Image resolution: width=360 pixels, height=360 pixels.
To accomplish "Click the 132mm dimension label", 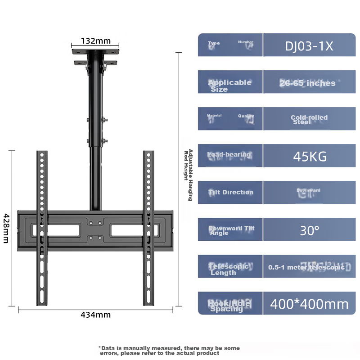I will pyautogui.click(x=95, y=41).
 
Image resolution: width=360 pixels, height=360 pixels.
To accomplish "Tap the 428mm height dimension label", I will pyautogui.click(x=5, y=228).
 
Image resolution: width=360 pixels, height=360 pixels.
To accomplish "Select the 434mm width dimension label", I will pyautogui.click(x=95, y=315).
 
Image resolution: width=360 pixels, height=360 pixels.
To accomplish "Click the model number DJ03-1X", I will pyautogui.click(x=309, y=46).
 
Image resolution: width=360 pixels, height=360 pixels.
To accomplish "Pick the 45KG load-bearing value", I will pyautogui.click(x=309, y=156).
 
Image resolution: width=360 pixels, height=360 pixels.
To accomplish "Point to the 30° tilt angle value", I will pyautogui.click(x=309, y=230).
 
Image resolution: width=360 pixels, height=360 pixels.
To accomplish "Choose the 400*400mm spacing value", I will pyautogui.click(x=309, y=304).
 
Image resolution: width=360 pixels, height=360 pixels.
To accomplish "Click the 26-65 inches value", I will pyautogui.click(x=308, y=83).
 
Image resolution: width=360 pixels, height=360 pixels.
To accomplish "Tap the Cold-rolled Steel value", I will pyautogui.click(x=309, y=119).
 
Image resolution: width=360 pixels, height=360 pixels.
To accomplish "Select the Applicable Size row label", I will pyautogui.click(x=229, y=85).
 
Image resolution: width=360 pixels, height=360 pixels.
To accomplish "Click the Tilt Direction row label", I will pyautogui.click(x=231, y=192).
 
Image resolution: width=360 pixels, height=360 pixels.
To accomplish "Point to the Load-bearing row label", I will pyautogui.click(x=229, y=155).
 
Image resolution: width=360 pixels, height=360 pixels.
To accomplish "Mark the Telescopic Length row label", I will pyautogui.click(x=229, y=269).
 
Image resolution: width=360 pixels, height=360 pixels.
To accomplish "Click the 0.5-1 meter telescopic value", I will pyautogui.click(x=306, y=267).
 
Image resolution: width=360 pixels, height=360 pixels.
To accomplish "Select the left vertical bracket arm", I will pyautogui.click(x=42, y=227).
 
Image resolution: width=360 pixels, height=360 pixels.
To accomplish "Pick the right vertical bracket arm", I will pyautogui.click(x=148, y=227).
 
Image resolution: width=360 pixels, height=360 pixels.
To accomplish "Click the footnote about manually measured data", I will pyautogui.click(x=169, y=351).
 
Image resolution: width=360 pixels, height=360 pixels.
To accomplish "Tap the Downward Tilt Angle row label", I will pyautogui.click(x=231, y=230).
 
